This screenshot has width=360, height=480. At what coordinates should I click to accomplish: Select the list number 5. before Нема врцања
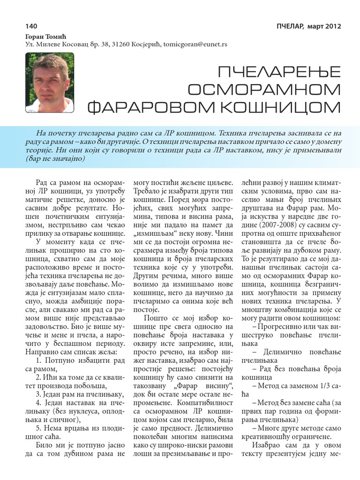39,428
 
